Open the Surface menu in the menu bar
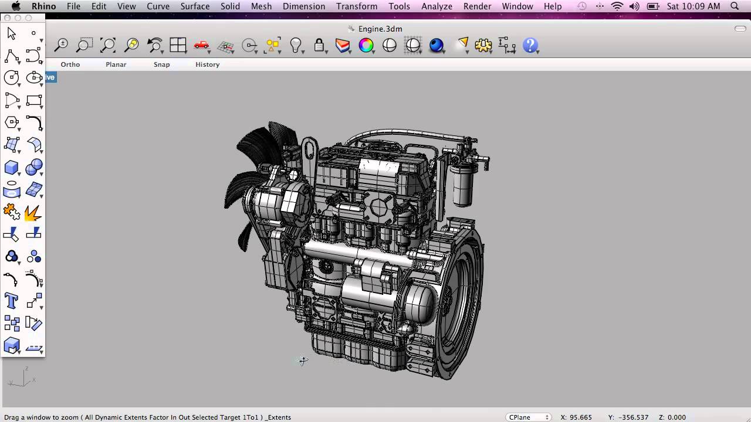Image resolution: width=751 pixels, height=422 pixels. (x=195, y=6)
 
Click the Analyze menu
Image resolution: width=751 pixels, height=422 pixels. (x=437, y=6)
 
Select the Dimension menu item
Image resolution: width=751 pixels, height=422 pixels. (x=304, y=6)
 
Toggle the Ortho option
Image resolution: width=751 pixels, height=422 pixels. (x=70, y=64)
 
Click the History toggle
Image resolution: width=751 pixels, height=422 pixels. (x=208, y=64)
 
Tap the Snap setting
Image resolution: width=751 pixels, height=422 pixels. (x=161, y=64)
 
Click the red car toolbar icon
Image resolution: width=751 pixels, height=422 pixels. (x=201, y=45)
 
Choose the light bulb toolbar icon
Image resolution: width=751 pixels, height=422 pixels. (x=295, y=45)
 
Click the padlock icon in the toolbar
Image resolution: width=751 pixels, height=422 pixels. (x=319, y=45)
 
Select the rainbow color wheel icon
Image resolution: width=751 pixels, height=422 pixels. (x=366, y=45)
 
